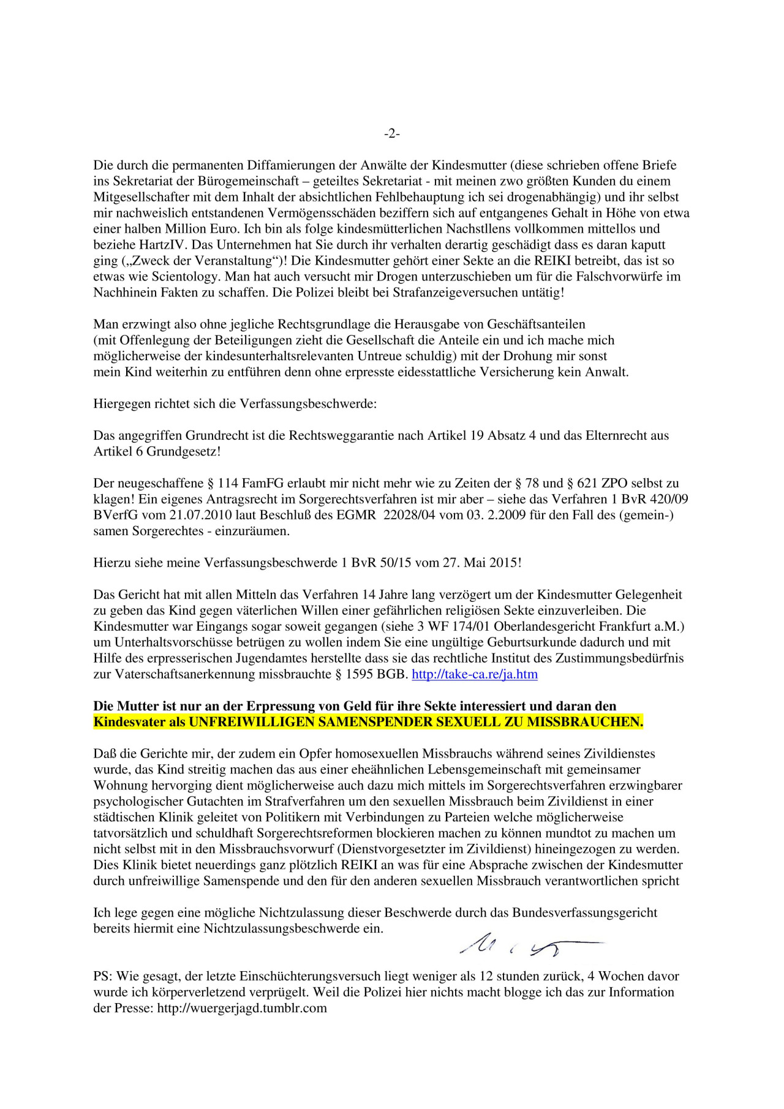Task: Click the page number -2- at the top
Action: [x=392, y=133]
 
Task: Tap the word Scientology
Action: [x=184, y=276]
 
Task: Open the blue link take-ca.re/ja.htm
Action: [x=475, y=674]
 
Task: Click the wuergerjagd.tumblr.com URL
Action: [x=242, y=1008]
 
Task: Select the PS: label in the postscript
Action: [x=103, y=976]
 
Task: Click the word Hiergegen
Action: [x=119, y=404]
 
